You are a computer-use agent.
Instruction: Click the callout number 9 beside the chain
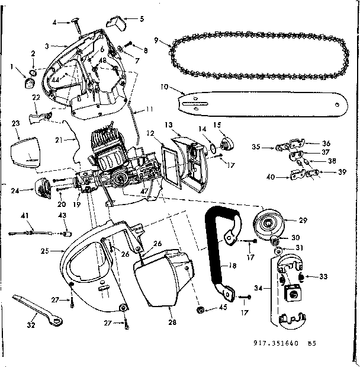click(x=155, y=41)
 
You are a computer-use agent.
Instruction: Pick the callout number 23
click(x=15, y=124)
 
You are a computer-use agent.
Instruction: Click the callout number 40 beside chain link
click(x=271, y=176)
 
